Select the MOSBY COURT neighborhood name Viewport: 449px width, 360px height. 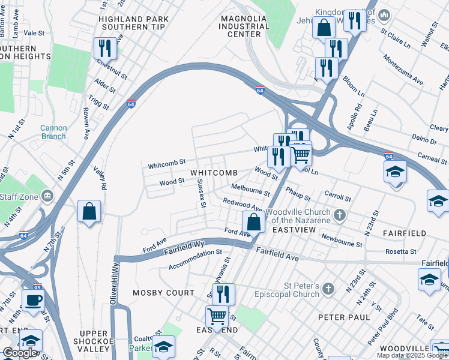tap(164, 293)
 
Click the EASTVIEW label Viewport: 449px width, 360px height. tap(290, 230)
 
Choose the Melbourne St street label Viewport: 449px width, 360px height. tap(250, 190)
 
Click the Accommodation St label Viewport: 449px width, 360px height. tap(196, 260)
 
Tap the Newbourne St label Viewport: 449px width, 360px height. tap(342, 240)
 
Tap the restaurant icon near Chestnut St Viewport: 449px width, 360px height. tap(105, 47)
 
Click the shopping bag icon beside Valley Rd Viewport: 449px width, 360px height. tap(89, 211)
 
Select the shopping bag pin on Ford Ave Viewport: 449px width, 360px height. tap(254, 221)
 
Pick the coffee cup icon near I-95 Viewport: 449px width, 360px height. tap(33, 299)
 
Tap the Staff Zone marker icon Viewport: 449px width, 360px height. tap(47, 196)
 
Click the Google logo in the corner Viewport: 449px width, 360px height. tap(20, 353)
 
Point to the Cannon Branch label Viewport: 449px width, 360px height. tap(53, 131)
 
